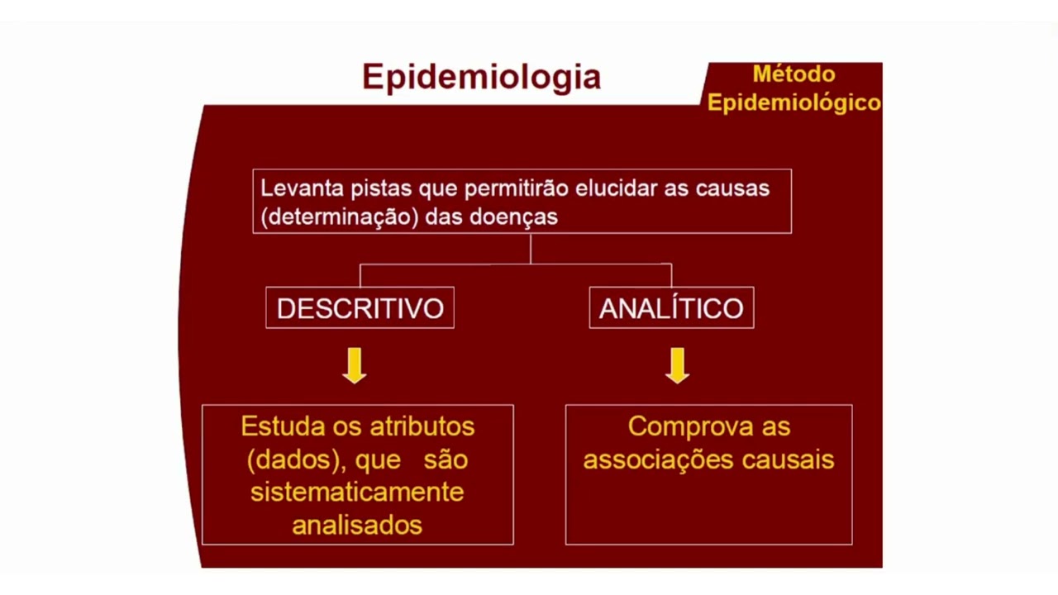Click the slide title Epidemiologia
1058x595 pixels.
(x=481, y=78)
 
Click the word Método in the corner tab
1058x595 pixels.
(x=793, y=74)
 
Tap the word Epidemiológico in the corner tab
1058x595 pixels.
(x=793, y=103)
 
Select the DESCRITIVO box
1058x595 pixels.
(x=360, y=308)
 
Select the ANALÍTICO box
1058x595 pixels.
(x=671, y=308)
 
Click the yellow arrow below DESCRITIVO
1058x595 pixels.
(x=355, y=365)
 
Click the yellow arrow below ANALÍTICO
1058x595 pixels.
(x=677, y=365)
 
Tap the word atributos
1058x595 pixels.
(x=422, y=426)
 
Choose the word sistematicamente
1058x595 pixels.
(x=357, y=492)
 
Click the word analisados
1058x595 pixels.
(x=357, y=525)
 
